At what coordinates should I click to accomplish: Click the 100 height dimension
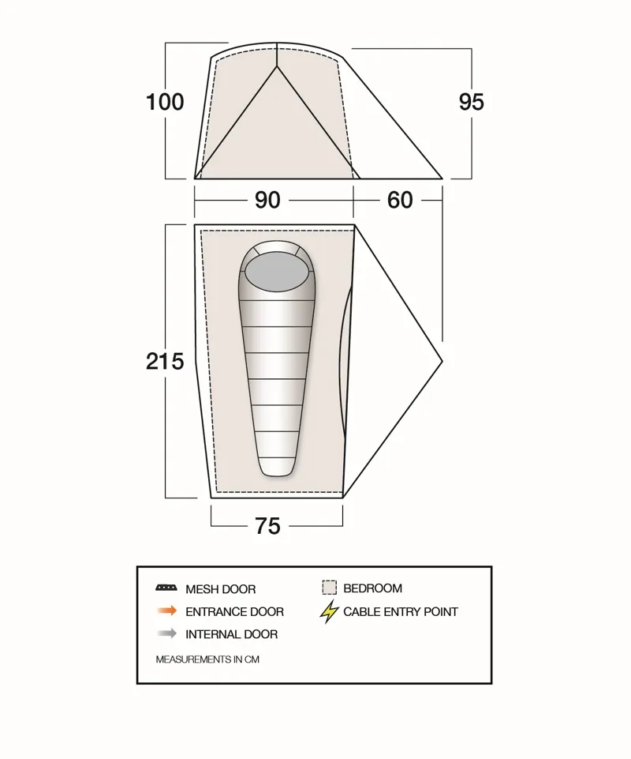coord(165,102)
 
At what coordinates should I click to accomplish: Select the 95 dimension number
coord(471,102)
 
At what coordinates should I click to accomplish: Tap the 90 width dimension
coord(267,201)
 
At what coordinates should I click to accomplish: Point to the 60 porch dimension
coord(400,201)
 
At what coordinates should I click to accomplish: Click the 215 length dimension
coord(165,361)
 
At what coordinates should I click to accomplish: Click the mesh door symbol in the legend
coord(166,588)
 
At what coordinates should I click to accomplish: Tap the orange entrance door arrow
coord(166,611)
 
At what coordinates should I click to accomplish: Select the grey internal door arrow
coord(166,633)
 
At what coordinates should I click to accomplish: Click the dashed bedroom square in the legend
coord(329,588)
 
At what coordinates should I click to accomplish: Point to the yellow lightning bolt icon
coord(330,611)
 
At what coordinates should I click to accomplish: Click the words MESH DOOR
coord(220,589)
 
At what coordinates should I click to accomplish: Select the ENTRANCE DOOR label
coord(234,611)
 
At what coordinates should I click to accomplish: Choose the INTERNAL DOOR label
coord(231,634)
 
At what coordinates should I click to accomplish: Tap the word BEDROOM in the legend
coord(372,588)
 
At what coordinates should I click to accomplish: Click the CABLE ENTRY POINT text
coord(400,611)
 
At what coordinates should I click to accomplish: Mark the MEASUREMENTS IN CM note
coord(207,659)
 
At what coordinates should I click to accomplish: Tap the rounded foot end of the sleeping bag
coord(276,468)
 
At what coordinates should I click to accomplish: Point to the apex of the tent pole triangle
coord(277,67)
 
